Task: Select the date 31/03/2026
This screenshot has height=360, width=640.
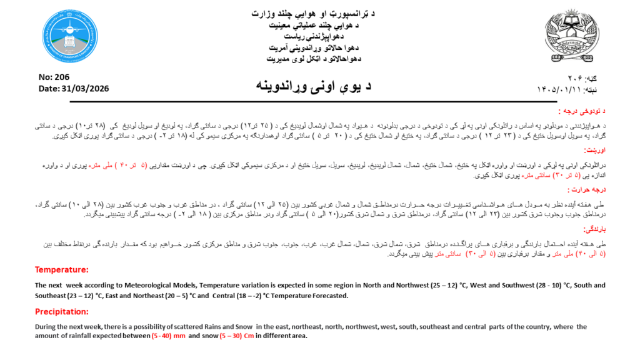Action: pos(87,89)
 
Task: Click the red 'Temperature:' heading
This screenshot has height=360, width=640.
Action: pos(62,270)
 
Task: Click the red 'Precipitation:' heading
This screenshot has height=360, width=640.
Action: pos(62,311)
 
